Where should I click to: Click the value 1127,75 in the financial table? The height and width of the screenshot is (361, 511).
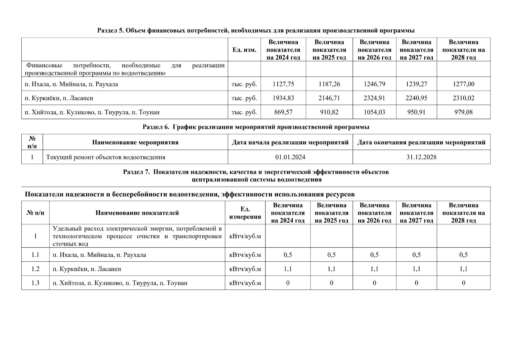coord(283,84)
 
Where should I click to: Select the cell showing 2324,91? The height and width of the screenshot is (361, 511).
coord(374,98)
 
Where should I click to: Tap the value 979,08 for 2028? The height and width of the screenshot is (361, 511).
coord(463,112)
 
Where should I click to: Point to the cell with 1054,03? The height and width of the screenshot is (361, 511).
coord(374,112)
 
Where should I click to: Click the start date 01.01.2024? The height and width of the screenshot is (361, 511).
coord(290,157)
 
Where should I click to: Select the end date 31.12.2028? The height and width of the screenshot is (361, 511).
coord(421,157)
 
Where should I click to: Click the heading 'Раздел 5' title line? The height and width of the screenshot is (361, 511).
coord(256,31)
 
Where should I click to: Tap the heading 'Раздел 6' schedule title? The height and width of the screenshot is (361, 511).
coord(256,127)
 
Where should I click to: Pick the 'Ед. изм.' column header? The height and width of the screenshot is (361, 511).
coord(244,50)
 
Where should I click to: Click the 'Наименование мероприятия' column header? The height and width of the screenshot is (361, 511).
coord(135,143)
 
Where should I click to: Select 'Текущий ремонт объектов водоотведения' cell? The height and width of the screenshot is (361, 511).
coord(105,157)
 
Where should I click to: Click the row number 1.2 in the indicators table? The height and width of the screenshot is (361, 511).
coord(35,269)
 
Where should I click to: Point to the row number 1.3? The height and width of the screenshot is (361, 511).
coord(35,283)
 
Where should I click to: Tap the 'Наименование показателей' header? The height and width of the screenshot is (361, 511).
coord(137,213)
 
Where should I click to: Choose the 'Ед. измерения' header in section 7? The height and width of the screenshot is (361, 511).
coord(245,213)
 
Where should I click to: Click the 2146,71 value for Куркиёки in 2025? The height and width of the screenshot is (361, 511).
coord(329,98)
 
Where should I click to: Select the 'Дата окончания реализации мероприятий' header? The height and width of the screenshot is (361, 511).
coord(421,143)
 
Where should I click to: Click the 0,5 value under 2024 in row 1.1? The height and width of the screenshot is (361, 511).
coord(288,255)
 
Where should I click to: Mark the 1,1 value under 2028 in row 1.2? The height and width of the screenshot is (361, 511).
coord(463,269)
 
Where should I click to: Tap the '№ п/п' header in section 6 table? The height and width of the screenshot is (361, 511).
coord(32,142)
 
